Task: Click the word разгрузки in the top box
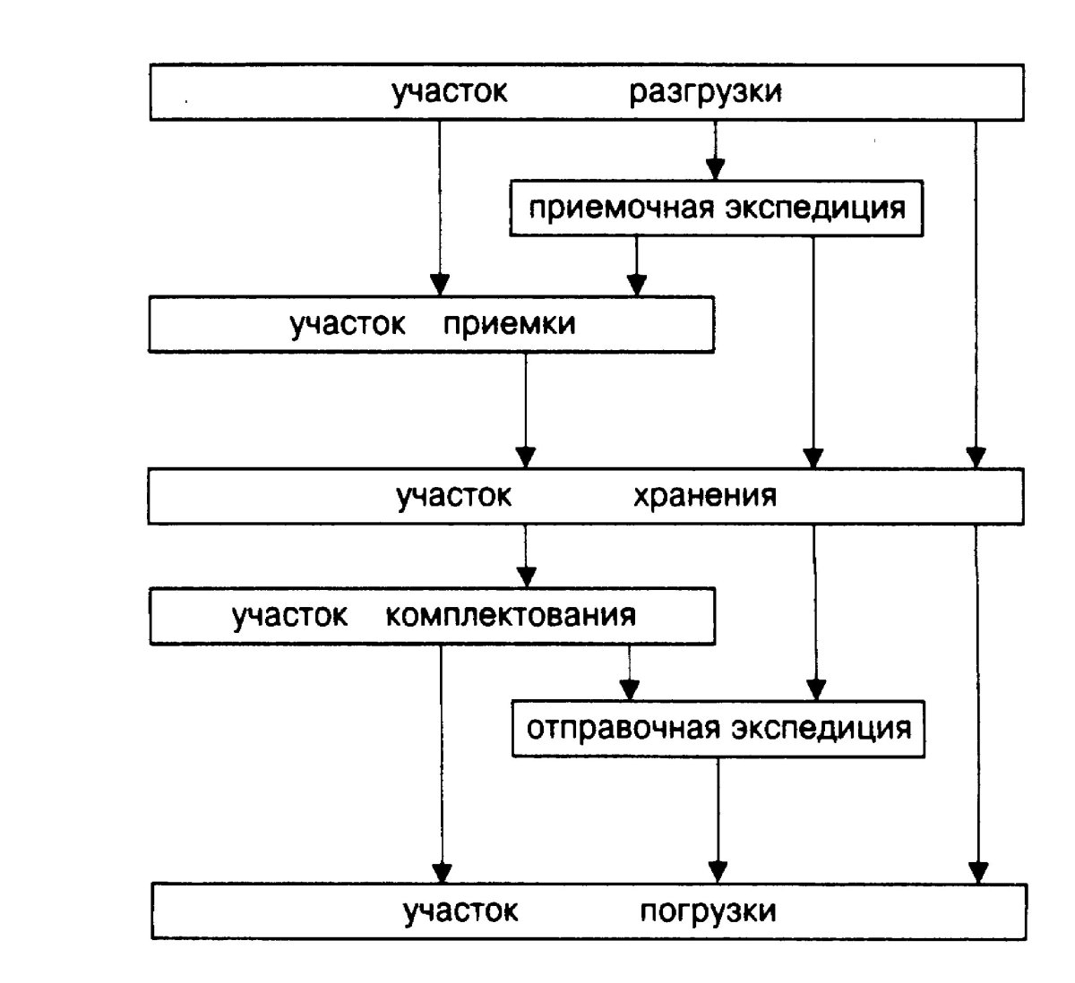pyautogui.click(x=705, y=92)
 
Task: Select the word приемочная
pyautogui.click(x=621, y=209)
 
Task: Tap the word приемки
pyautogui.click(x=509, y=324)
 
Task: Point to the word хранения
pyautogui.click(x=705, y=496)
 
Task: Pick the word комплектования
pyautogui.click(x=512, y=616)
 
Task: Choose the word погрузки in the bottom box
pyautogui.click(x=708, y=911)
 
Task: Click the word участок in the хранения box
pyautogui.click(x=453, y=496)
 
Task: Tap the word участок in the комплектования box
pyautogui.click(x=289, y=616)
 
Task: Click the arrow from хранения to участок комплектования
pyautogui.click(x=527, y=556)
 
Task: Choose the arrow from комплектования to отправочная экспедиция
pyautogui.click(x=630, y=672)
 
